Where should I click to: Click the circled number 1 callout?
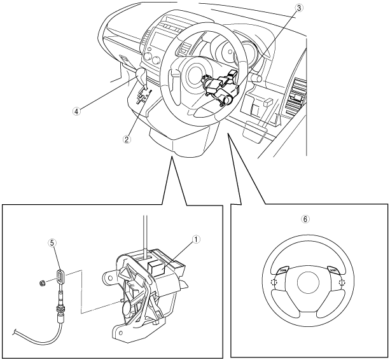[197, 239]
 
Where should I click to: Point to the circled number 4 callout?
[77, 110]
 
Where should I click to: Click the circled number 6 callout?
[305, 218]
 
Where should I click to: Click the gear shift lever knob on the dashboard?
[142, 77]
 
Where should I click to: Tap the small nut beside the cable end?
[41, 280]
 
